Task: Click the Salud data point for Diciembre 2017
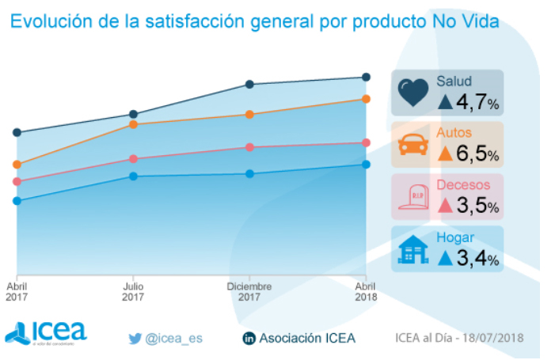(x=249, y=84)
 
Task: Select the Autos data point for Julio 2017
(x=133, y=124)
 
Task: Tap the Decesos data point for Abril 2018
(x=366, y=142)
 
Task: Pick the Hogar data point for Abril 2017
(x=16, y=201)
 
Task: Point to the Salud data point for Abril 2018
(x=366, y=77)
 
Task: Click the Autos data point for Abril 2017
(x=16, y=165)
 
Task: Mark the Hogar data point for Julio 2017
(x=133, y=176)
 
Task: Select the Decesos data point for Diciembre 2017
(x=249, y=147)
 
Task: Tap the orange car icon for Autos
(x=412, y=145)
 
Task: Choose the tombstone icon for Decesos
(x=412, y=195)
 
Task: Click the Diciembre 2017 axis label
(x=249, y=291)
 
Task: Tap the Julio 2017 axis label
(x=133, y=291)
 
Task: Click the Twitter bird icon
(x=135, y=339)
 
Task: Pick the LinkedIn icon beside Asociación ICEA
(x=249, y=339)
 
